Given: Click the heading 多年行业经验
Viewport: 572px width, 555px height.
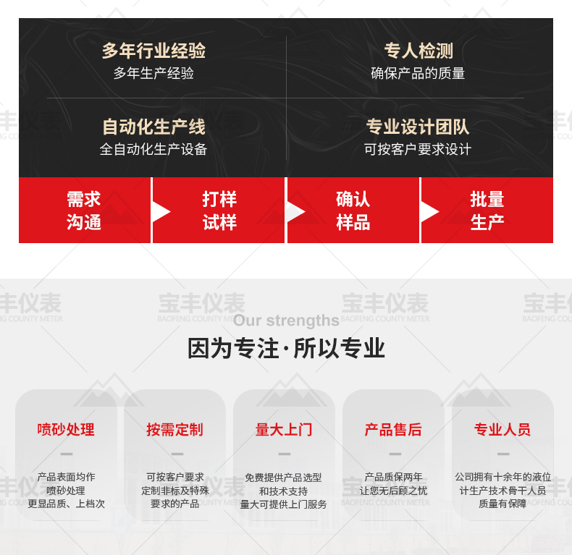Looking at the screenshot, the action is pyautogui.click(x=153, y=51).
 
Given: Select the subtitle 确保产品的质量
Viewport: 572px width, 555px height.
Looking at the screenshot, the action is pyautogui.click(x=418, y=73).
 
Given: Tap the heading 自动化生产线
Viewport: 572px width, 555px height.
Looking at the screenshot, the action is pyautogui.click(x=153, y=127).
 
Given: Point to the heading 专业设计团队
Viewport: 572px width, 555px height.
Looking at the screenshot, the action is pyautogui.click(x=418, y=127).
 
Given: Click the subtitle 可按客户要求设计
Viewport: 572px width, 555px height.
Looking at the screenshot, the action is pyautogui.click(x=418, y=149).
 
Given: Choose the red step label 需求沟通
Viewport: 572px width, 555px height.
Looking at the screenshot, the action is pyautogui.click(x=83, y=211).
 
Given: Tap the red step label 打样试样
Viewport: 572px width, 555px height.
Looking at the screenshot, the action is pyautogui.click(x=219, y=211).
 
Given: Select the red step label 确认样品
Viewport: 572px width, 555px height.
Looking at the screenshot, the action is pyautogui.click(x=353, y=211).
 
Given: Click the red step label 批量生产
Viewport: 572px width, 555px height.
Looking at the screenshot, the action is pyautogui.click(x=487, y=211).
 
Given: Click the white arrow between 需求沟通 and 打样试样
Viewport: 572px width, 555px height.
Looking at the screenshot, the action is pyautogui.click(x=160, y=212).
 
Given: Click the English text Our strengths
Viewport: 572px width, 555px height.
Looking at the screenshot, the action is pyautogui.click(x=287, y=321).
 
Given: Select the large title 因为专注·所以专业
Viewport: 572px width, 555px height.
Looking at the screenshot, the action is pyautogui.click(x=287, y=348).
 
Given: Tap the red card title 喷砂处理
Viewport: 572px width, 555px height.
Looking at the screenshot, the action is pyautogui.click(x=66, y=430).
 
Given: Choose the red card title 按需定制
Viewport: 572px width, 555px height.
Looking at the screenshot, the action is pyautogui.click(x=174, y=430).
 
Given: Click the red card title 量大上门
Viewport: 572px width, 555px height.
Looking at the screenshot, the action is pyautogui.click(x=284, y=430).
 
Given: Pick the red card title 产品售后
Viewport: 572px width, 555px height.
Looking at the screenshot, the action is pyautogui.click(x=393, y=430).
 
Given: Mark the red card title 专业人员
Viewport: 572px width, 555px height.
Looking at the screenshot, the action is pyautogui.click(x=502, y=430).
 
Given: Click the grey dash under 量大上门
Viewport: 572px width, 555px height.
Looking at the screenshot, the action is pyautogui.click(x=285, y=454).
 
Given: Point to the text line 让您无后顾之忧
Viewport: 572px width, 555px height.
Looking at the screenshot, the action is pyautogui.click(x=393, y=491).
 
